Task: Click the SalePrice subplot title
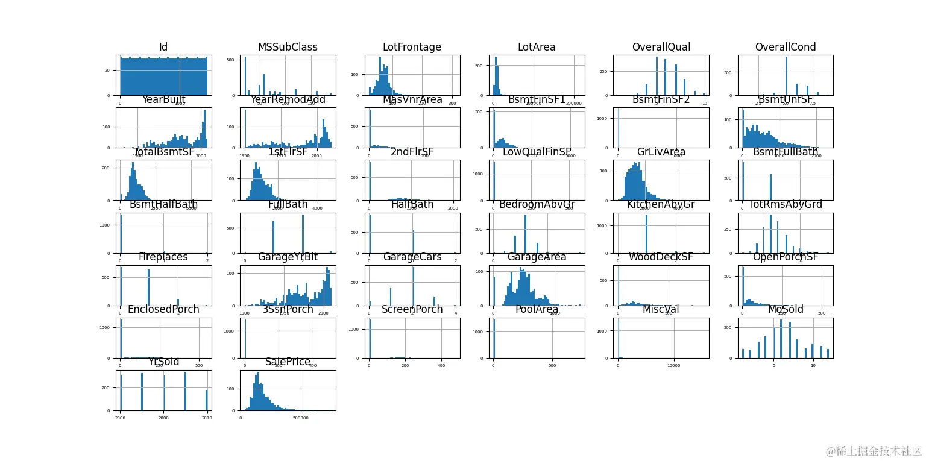[288, 362]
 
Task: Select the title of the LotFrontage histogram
[412, 48]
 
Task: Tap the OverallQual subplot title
[661, 48]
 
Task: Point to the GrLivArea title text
[661, 152]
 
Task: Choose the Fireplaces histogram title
[163, 257]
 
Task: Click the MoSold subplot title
[786, 310]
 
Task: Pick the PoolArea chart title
[537, 310]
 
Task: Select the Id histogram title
[163, 48]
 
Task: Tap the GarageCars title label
[412, 257]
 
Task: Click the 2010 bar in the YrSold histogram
[206, 400]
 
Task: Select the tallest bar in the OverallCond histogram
[786, 76]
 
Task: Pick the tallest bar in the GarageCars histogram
[413, 286]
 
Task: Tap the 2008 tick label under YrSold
[163, 417]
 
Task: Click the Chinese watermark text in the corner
[874, 451]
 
